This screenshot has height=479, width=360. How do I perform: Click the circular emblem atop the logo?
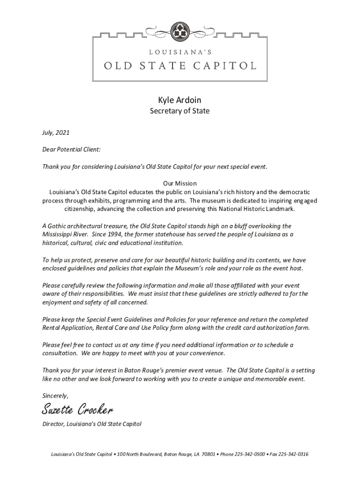[x=180, y=31]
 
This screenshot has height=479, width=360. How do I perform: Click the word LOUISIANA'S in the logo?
[x=180, y=53]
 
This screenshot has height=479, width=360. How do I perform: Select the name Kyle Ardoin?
[x=180, y=100]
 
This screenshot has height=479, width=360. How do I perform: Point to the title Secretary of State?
[x=180, y=111]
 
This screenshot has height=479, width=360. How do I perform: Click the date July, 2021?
[x=56, y=133]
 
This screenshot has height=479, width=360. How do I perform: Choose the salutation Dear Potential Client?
[x=71, y=150]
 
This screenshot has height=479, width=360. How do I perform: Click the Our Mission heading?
[x=180, y=183]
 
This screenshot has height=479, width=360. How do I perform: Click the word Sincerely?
[x=55, y=395]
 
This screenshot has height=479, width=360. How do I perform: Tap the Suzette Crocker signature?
[x=77, y=410]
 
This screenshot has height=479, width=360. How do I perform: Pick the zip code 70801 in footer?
[x=208, y=454]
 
